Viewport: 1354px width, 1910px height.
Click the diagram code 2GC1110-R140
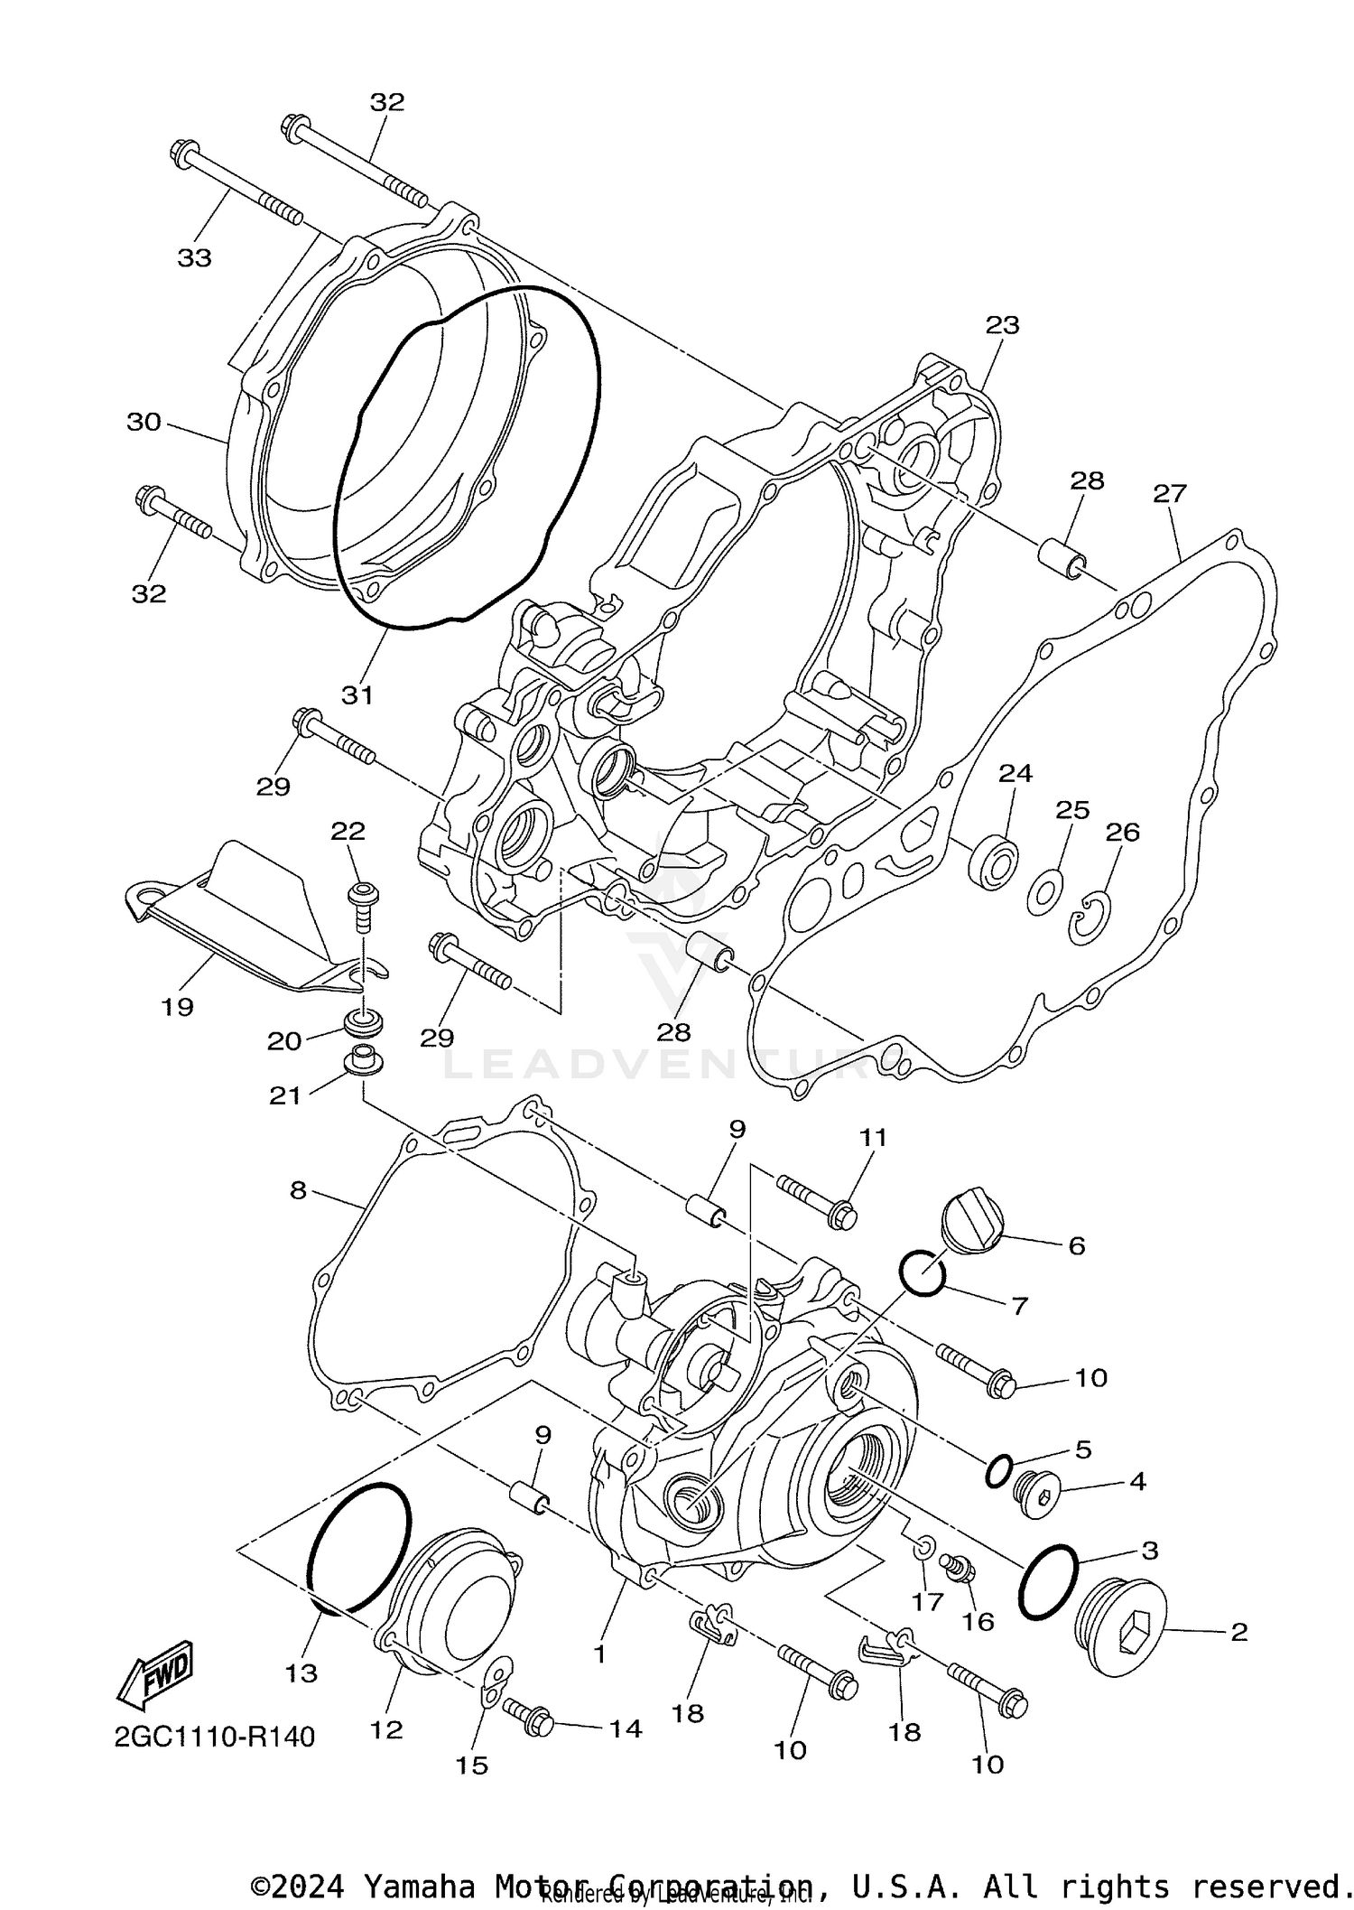coord(214,1736)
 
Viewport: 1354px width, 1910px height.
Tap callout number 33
coord(194,258)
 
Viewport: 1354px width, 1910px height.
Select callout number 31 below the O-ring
coord(357,694)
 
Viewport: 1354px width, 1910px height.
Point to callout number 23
coord(1002,325)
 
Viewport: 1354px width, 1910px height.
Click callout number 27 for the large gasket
coord(1170,494)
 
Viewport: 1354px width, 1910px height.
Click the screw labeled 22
coord(362,905)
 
